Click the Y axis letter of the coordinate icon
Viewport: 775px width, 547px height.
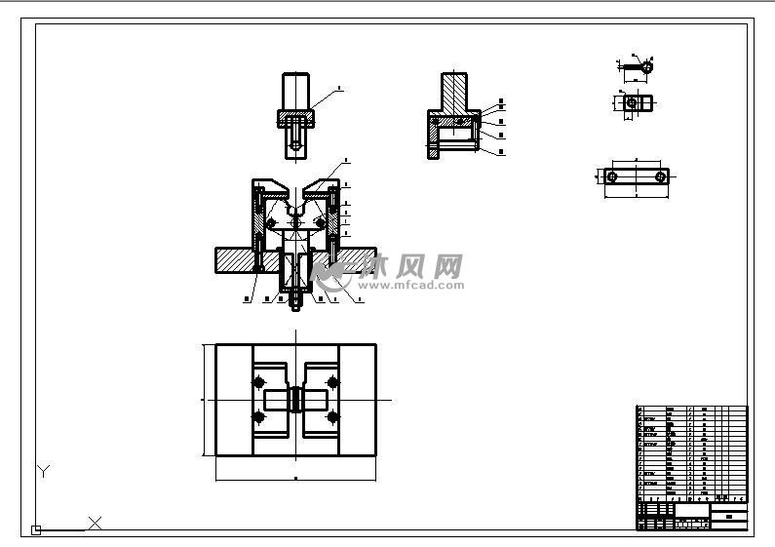pyautogui.click(x=43, y=472)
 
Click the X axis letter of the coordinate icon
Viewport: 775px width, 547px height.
pyautogui.click(x=96, y=524)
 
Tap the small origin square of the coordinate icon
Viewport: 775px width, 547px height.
pyautogui.click(x=36, y=530)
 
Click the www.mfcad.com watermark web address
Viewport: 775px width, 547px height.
pyautogui.click(x=407, y=287)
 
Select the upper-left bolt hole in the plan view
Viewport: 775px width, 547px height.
pyautogui.click(x=260, y=380)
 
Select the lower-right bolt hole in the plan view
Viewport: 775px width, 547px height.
pyautogui.click(x=332, y=418)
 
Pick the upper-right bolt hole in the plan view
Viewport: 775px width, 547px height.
pyautogui.click(x=332, y=380)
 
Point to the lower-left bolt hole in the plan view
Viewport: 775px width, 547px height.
pyautogui.click(x=260, y=418)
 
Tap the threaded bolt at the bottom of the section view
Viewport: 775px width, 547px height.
pyautogui.click(x=295, y=301)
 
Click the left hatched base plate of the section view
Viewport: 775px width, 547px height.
pyautogui.click(x=233, y=260)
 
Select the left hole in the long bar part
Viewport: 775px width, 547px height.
pyautogui.click(x=611, y=176)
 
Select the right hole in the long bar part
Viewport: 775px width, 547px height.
pyautogui.click(x=661, y=176)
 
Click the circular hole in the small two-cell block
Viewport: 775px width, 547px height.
pyautogui.click(x=632, y=101)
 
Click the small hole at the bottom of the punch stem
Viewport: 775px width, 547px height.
pyautogui.click(x=295, y=146)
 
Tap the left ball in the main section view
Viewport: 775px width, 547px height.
pyautogui.click(x=272, y=224)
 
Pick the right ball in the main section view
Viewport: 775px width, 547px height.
pyautogui.click(x=320, y=224)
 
